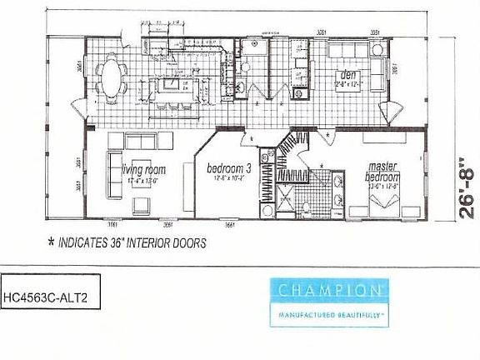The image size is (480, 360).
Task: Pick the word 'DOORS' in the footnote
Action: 188,244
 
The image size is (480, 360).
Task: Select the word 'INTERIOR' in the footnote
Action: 151,244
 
